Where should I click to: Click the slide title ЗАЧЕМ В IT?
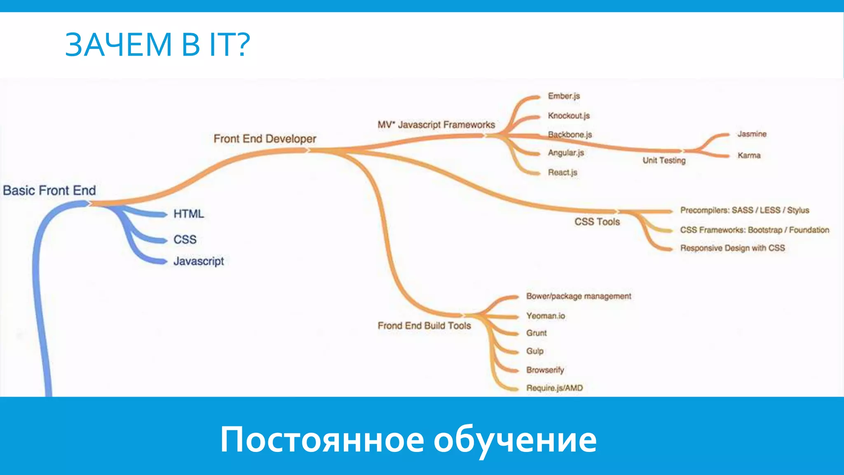157,45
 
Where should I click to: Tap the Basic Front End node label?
49,190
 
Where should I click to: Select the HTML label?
188,214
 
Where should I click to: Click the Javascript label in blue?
198,261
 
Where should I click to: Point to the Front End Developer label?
265,139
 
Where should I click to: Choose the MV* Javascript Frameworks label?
436,125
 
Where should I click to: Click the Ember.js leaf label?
563,96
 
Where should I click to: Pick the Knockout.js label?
568,116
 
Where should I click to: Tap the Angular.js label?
565,153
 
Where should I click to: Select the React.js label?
562,172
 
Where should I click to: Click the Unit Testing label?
663,160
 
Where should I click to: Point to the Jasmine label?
752,134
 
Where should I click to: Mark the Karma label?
749,155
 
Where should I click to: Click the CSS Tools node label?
597,222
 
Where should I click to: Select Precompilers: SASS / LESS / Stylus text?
744,210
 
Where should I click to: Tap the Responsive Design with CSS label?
732,248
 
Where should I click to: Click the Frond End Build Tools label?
424,326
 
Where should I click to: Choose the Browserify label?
545,370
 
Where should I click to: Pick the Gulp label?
535,351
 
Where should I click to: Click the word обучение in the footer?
515,440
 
